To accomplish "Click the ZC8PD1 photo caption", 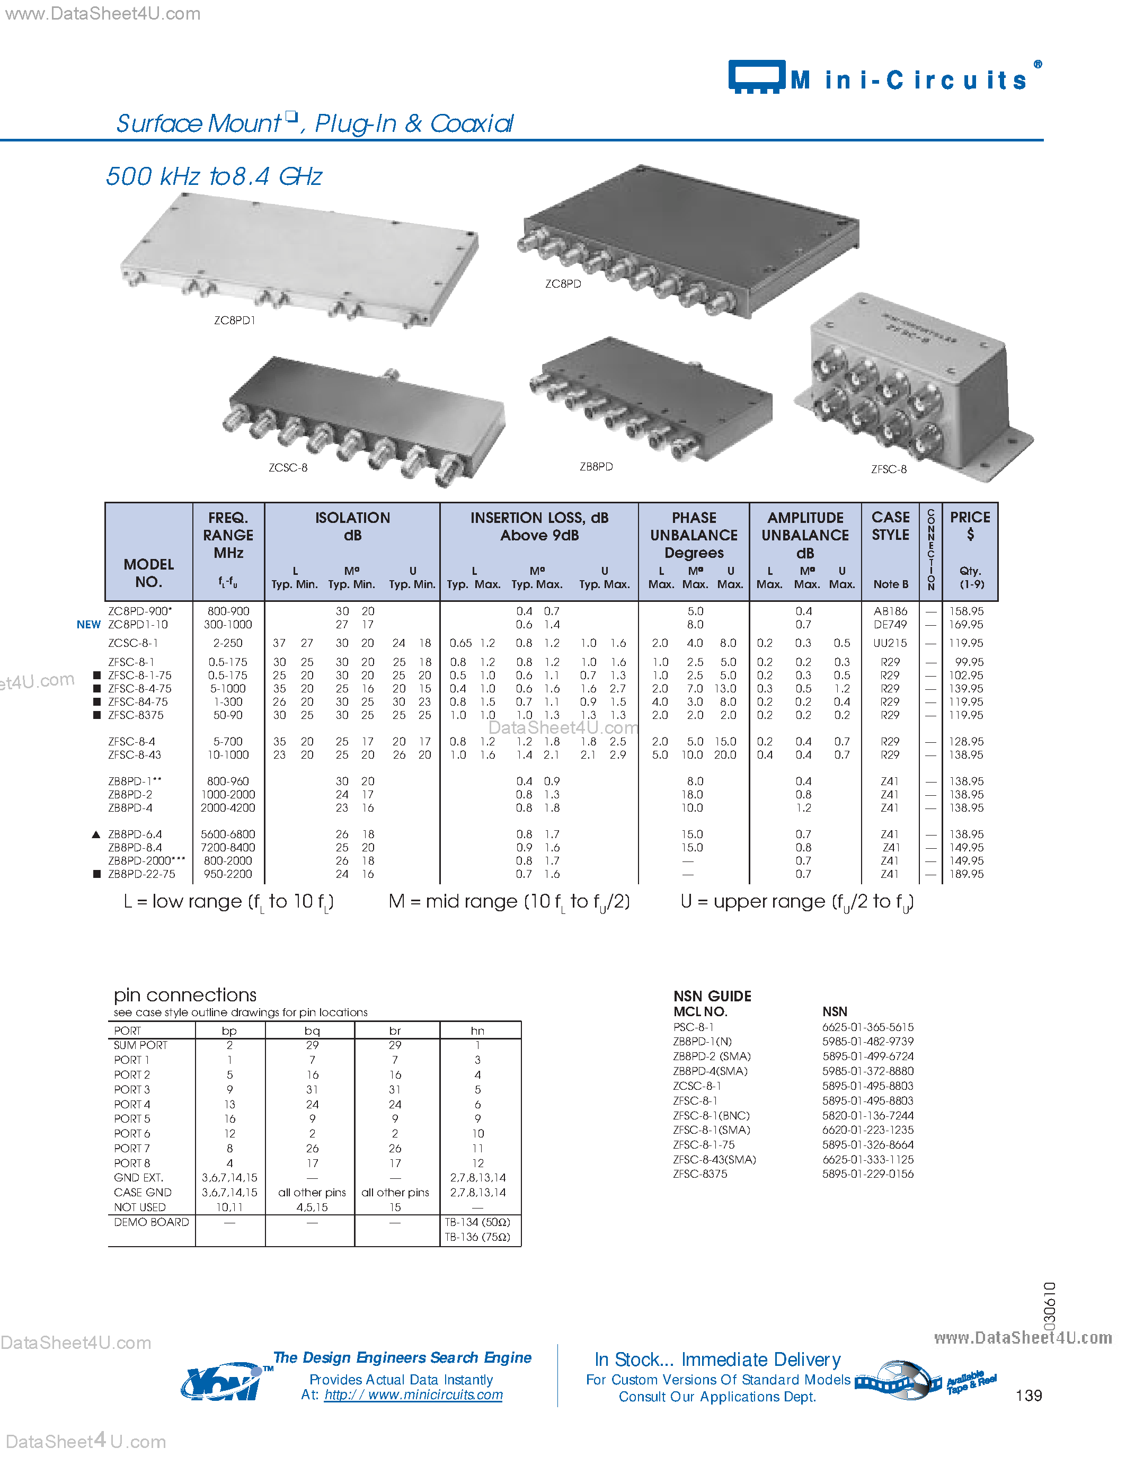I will coord(234,320).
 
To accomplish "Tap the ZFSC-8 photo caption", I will coord(889,469).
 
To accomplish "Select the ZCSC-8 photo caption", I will coord(288,468).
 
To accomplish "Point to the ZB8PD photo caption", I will coord(596,466).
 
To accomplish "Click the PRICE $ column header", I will coord(970,525).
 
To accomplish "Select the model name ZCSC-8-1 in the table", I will coord(133,643).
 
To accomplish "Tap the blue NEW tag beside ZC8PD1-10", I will coord(88,625).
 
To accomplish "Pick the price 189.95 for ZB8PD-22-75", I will coord(966,874).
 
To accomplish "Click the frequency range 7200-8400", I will coord(227,847).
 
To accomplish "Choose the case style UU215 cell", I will coord(890,643).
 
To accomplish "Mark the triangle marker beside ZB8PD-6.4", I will coord(96,834).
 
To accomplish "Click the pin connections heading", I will coord(185,996).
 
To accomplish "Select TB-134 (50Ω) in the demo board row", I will coord(477,1222).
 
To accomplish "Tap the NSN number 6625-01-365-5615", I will coord(867,1027).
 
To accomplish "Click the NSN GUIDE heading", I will coord(712,996).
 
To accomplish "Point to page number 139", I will coord(1028,1396).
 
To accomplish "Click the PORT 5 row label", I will coord(132,1119).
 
